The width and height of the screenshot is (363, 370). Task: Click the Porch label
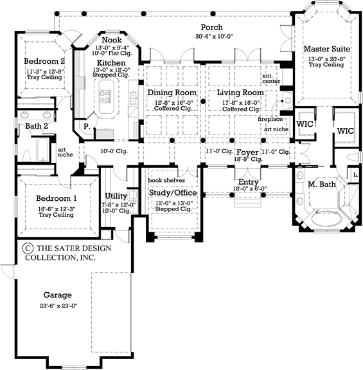(212, 27)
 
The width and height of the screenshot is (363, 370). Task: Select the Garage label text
(58, 295)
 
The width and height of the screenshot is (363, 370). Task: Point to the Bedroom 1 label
(57, 198)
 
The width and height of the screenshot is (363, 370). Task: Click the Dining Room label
(172, 93)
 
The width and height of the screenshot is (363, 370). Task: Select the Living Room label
(243, 93)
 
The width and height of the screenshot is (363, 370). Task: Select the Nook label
(112, 40)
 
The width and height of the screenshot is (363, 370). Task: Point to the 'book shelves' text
(166, 180)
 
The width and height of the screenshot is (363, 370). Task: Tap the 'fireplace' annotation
(270, 120)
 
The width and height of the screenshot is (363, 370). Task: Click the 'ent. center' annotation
(269, 79)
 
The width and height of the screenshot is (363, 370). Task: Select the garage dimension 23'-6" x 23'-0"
(58, 306)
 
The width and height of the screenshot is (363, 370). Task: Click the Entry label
(248, 182)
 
